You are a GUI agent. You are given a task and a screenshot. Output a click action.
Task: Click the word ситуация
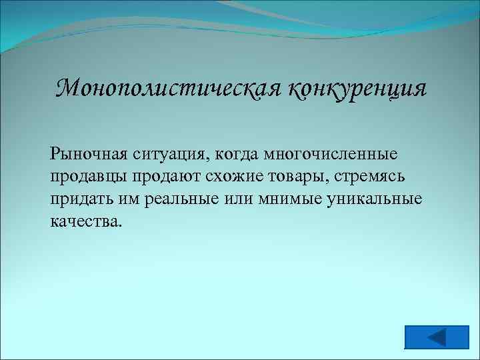pyautogui.click(x=172, y=155)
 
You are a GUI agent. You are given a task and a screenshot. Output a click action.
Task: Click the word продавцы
pyautogui.click(x=89, y=178)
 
